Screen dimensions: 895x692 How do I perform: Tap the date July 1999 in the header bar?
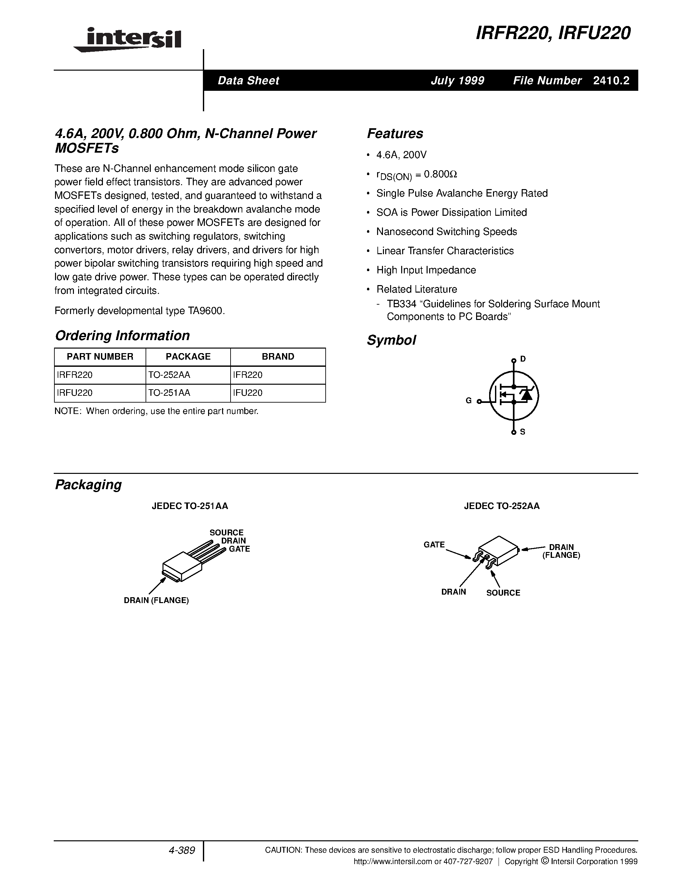pyautogui.click(x=457, y=81)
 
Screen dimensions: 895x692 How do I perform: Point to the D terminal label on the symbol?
pyautogui.click(x=523, y=359)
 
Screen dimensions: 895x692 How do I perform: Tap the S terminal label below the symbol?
pyautogui.click(x=523, y=432)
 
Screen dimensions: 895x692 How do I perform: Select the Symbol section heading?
pyautogui.click(x=391, y=340)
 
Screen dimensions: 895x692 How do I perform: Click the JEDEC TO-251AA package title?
pyautogui.click(x=190, y=506)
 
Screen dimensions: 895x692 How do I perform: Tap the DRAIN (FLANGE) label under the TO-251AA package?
pyautogui.click(x=156, y=601)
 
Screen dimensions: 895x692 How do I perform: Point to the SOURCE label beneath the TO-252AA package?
pyautogui.click(x=503, y=593)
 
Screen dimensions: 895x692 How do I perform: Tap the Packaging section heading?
pyautogui.click(x=88, y=485)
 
